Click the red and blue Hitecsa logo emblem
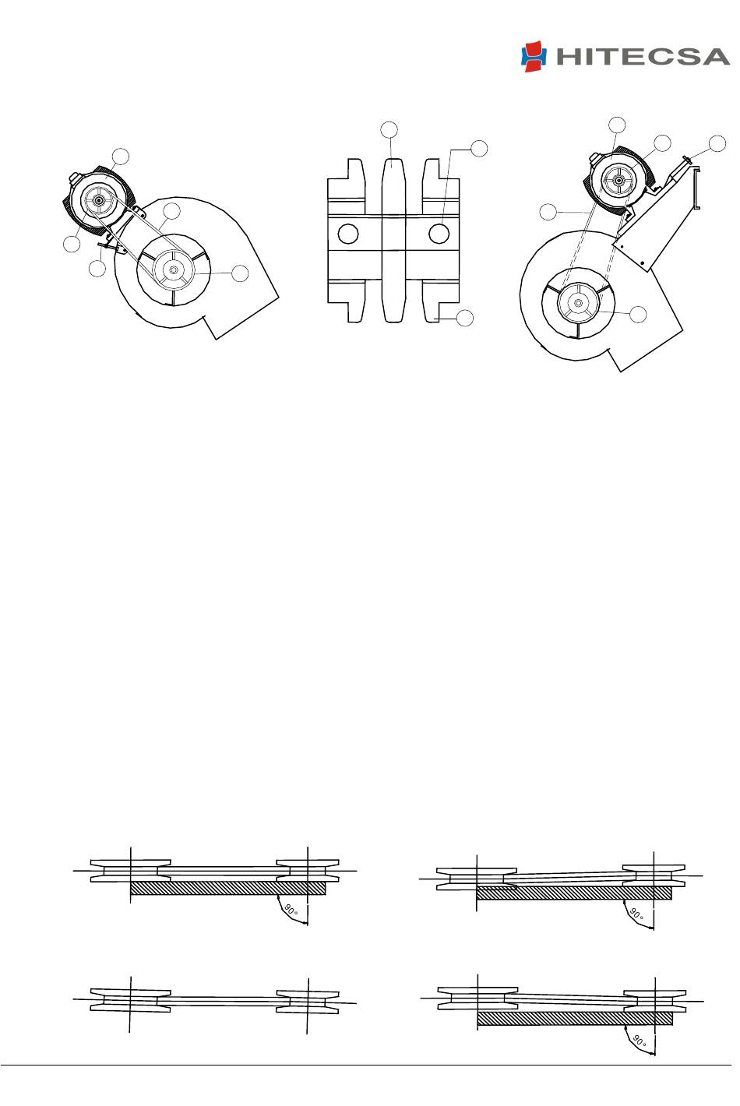[534, 57]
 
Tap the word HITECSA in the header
[643, 57]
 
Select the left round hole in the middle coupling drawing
[348, 234]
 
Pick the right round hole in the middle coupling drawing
[439, 234]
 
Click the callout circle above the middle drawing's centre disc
[389, 129]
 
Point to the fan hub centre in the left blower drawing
[173, 269]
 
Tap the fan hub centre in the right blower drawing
[578, 302]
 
